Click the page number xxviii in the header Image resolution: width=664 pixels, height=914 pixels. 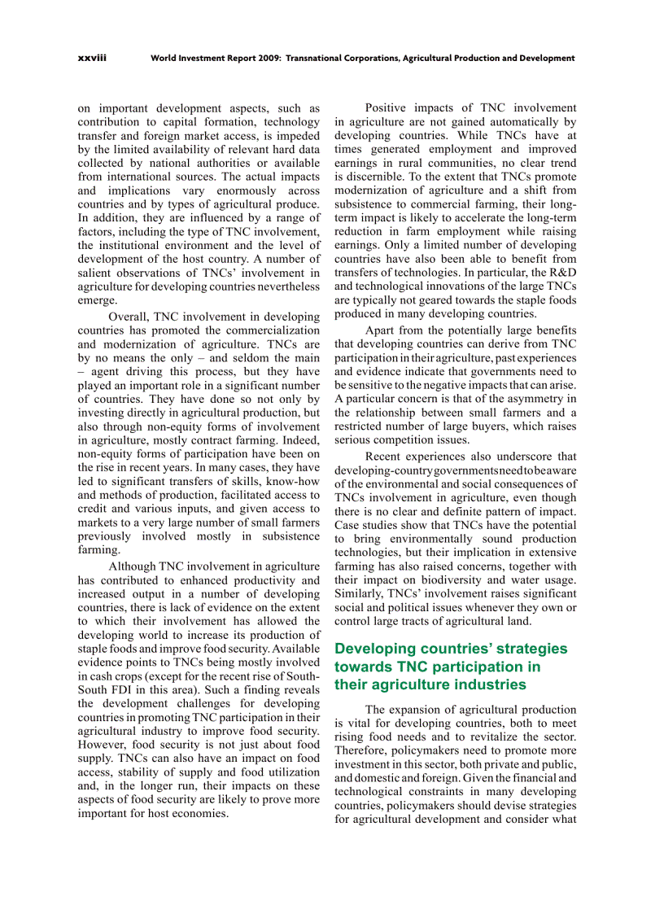click(92, 59)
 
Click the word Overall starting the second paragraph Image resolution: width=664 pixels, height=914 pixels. click(129, 317)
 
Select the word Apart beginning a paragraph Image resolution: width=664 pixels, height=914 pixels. click(381, 330)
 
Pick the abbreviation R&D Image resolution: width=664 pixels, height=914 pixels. click(561, 272)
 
